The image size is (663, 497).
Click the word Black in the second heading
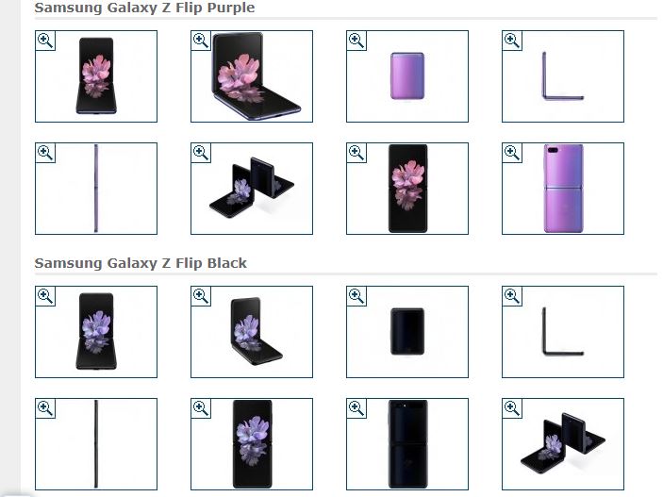coord(226,263)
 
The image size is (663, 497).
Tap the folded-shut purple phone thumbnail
coord(407,76)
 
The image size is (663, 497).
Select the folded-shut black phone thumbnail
coord(407,332)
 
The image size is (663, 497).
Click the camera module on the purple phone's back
coord(553,150)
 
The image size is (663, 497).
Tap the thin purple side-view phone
coord(96,189)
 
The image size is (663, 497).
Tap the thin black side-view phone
coord(96,444)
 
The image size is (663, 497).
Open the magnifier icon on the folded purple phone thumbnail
coord(356,41)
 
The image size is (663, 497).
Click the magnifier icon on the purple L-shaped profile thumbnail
coord(512,41)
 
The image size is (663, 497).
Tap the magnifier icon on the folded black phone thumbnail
coord(356,296)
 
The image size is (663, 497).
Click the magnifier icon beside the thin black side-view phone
coord(45,408)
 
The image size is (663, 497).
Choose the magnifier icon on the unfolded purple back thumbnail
coord(512,153)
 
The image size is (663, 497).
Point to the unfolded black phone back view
coord(407,444)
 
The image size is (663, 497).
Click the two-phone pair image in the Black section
coord(563,443)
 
